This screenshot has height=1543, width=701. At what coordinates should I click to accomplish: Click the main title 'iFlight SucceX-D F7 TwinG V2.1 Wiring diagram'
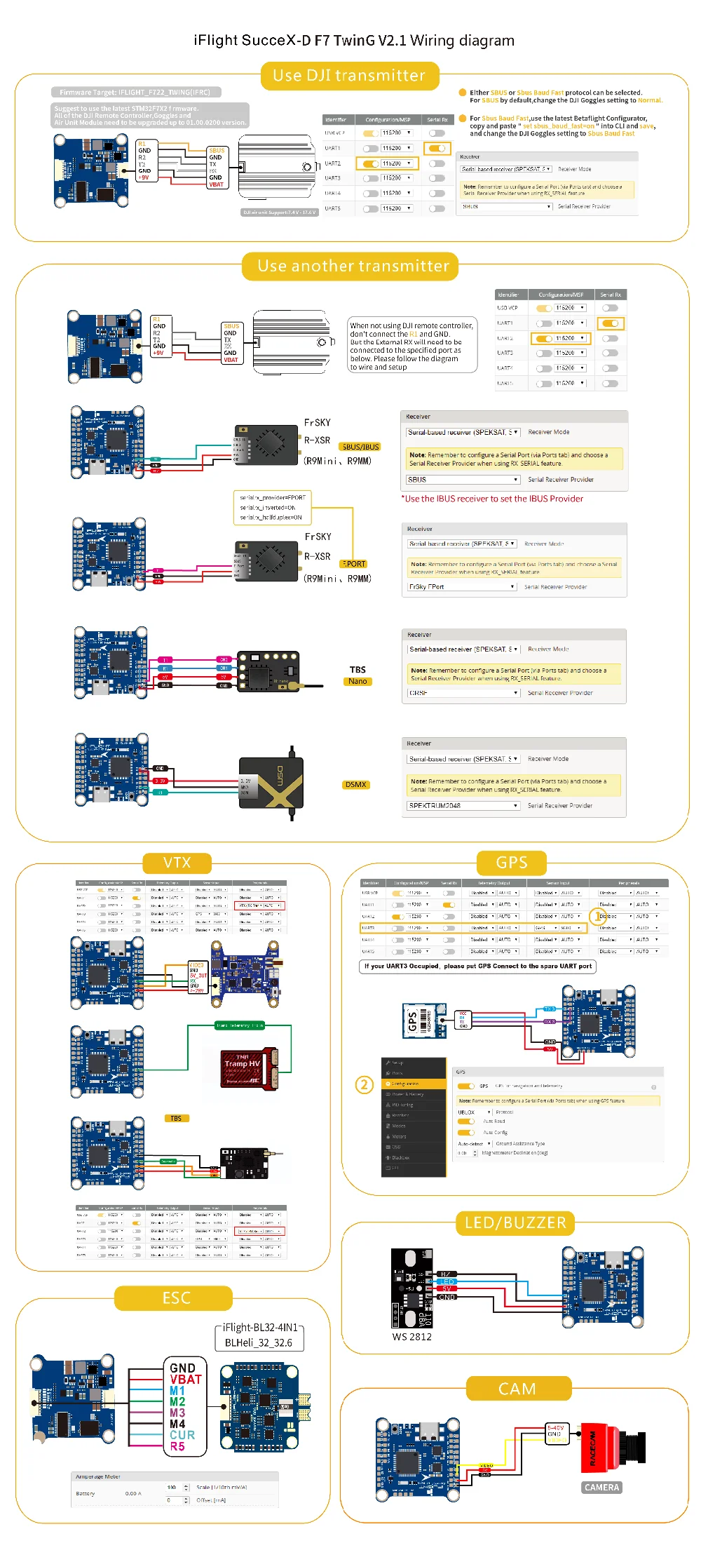[x=354, y=41]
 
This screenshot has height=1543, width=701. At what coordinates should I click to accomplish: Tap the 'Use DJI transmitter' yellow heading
[x=349, y=76]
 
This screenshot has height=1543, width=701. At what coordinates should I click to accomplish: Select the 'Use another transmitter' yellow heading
[x=353, y=267]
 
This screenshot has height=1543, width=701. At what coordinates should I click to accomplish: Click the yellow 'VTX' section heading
[x=177, y=863]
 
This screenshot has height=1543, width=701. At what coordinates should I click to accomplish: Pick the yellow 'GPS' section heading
[x=511, y=863]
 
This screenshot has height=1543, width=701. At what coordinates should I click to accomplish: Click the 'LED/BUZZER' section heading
[x=515, y=1223]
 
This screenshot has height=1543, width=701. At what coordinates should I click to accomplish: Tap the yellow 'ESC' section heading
[x=176, y=1298]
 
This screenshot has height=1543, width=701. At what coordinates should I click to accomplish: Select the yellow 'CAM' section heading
[x=517, y=1389]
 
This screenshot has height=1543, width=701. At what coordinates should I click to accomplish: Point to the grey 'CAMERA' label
[x=601, y=1488]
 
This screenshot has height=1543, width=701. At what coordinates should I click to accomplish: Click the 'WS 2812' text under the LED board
[x=411, y=1337]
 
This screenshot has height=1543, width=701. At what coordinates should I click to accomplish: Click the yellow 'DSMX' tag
[x=355, y=785]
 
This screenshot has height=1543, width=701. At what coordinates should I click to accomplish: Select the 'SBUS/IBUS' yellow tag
[x=360, y=447]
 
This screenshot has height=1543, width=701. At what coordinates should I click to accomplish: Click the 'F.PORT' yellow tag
[x=354, y=564]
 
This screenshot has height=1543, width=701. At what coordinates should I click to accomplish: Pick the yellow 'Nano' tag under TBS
[x=358, y=681]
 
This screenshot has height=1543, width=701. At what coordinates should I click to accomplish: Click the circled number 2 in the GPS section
[x=364, y=1085]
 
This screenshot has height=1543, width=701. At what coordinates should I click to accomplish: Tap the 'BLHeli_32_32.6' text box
[x=258, y=1342]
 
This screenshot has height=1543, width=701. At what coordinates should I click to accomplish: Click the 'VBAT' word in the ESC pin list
[x=185, y=1379]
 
